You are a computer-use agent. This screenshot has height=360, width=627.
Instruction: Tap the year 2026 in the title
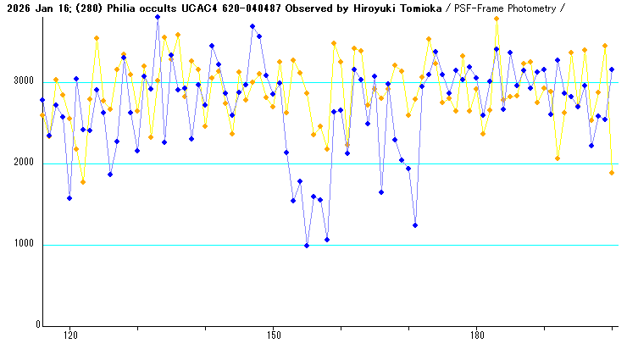16,8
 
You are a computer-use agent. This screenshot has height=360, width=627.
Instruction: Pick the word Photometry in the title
529,8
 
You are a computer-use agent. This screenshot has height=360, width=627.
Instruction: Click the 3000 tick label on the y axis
21,82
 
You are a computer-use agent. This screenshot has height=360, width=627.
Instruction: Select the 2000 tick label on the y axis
21,163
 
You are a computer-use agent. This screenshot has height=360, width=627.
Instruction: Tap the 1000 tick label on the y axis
21,245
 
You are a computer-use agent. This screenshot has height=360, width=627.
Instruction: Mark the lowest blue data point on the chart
307,246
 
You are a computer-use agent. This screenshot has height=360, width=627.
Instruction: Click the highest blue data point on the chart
158,17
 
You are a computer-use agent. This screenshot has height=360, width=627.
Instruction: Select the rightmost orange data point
612,173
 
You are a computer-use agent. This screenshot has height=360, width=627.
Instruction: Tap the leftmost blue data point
42,100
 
